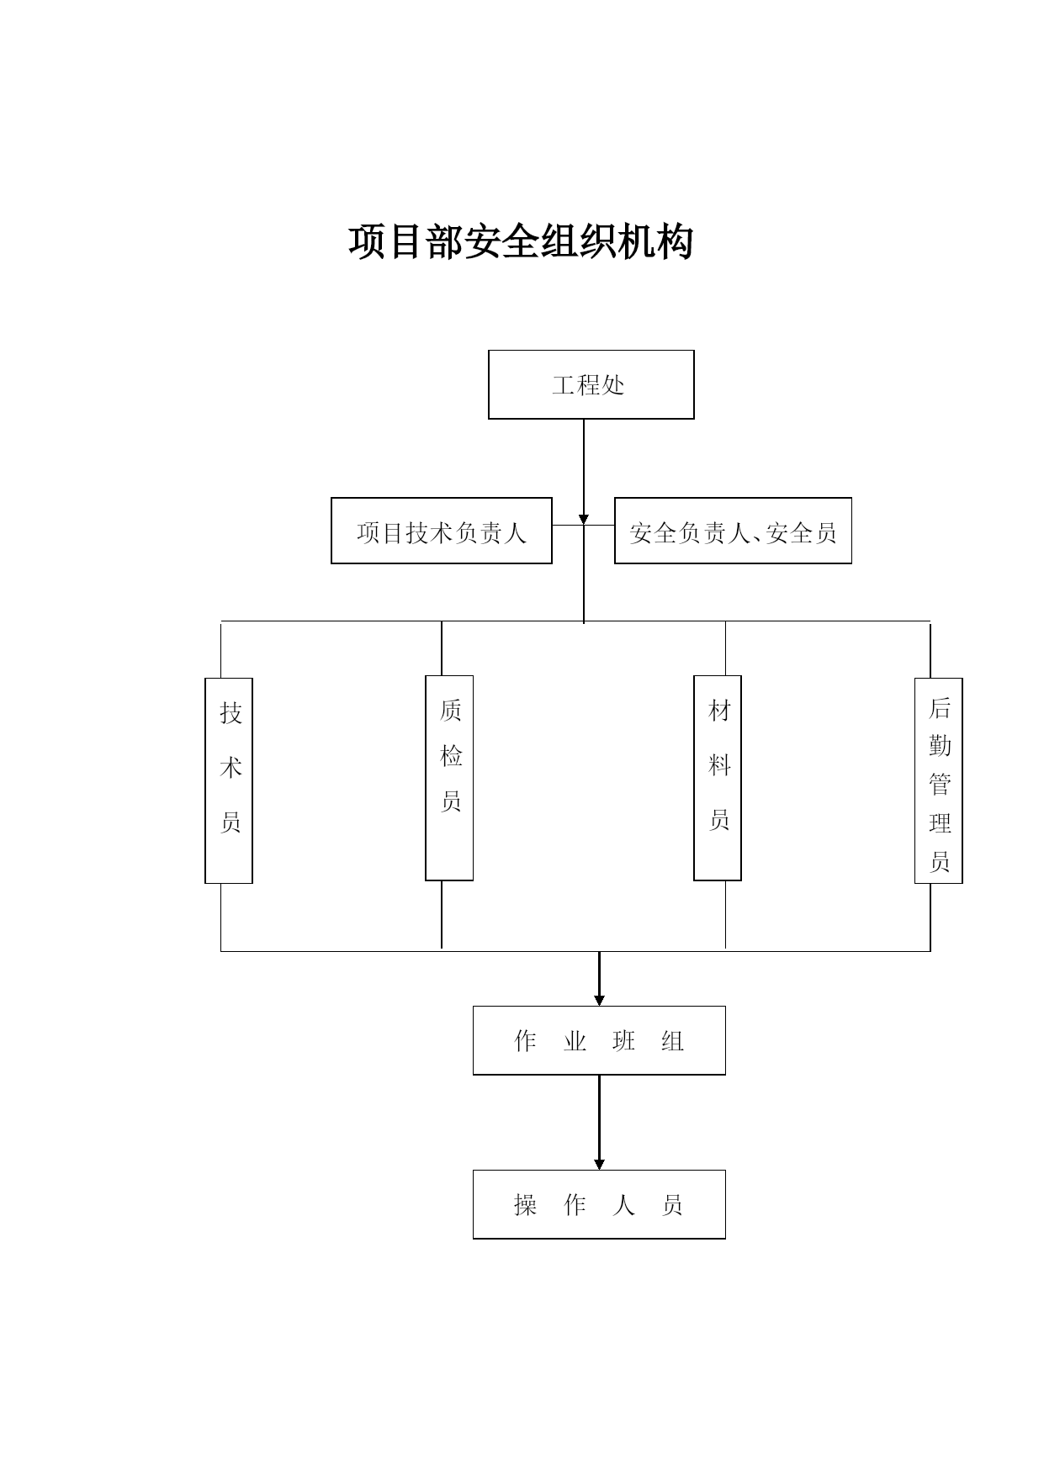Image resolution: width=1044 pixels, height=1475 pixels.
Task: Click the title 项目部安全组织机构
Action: pos(521,242)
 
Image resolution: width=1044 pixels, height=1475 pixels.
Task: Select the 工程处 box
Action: pos(591,384)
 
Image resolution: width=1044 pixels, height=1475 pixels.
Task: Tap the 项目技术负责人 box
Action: pos(442,531)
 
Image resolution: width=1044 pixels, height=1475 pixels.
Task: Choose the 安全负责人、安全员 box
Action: pos(733,531)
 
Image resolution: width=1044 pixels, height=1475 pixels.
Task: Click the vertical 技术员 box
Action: pos(229,780)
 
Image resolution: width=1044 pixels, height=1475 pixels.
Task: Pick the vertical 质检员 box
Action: pos(449,778)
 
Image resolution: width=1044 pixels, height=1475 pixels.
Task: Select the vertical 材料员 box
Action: pos(718,778)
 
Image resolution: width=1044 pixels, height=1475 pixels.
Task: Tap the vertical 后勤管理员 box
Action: pos(939,780)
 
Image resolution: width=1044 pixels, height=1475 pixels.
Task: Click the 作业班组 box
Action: pos(599,1040)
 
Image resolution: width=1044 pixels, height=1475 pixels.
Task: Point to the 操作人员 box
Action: pos(599,1204)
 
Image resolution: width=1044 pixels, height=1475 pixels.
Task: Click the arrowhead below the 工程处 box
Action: pos(584,519)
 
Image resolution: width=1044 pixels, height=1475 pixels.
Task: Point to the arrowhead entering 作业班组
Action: pos(599,1000)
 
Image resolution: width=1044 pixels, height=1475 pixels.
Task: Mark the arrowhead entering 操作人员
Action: pos(599,1164)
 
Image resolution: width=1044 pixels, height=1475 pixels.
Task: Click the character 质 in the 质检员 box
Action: pos(451,711)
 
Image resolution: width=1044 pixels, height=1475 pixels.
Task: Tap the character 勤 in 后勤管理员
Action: pos(940,746)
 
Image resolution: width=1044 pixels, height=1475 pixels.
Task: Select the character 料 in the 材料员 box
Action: pos(719,765)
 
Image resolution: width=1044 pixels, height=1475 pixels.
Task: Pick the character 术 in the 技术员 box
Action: pos(231,768)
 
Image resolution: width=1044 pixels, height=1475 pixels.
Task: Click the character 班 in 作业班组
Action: pos(624,1041)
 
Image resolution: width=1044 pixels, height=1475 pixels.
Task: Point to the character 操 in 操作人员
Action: pos(526,1205)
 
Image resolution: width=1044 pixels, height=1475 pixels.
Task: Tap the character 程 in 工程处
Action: pos(588,385)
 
